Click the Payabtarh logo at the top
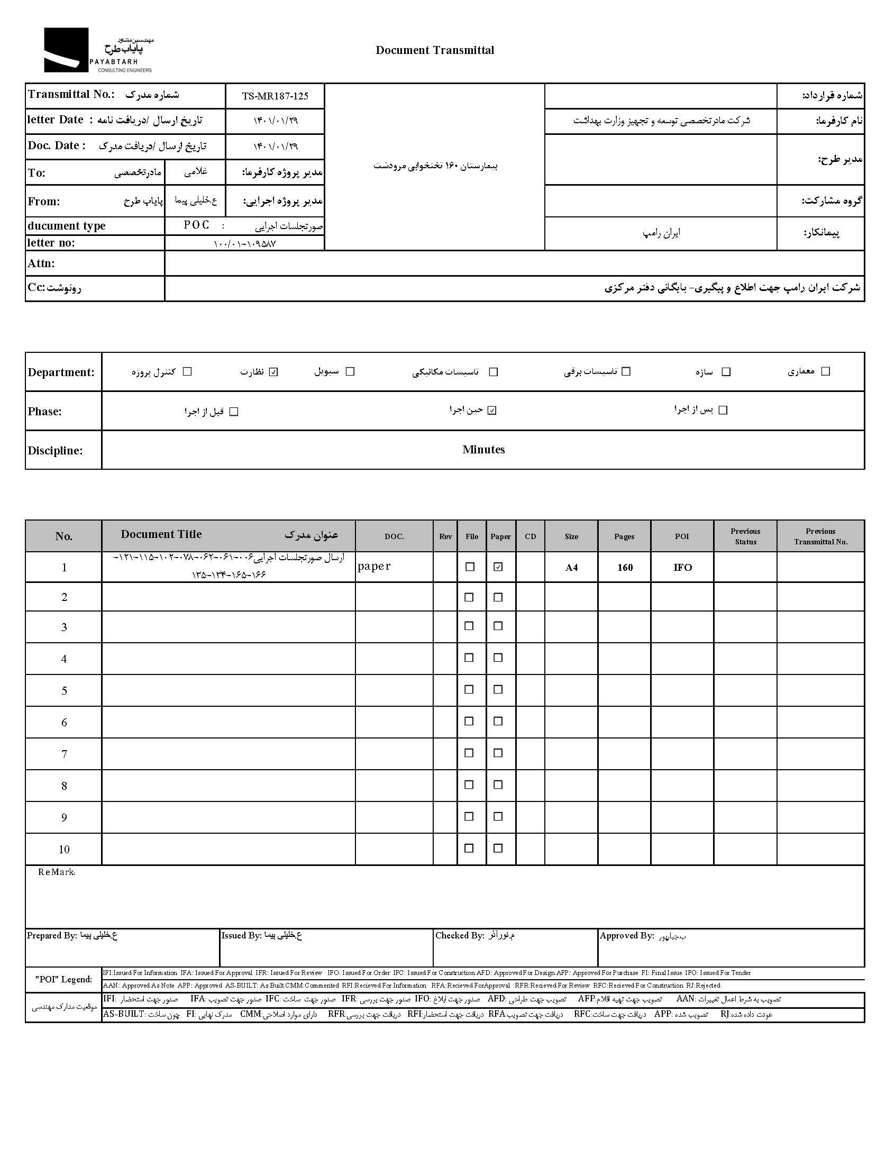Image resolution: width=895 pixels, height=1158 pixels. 98,50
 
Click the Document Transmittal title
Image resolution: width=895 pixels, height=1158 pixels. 435,50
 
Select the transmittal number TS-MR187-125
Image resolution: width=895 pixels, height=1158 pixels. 275,96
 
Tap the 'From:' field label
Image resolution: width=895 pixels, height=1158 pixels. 44,202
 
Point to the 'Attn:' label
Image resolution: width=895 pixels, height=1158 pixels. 41,263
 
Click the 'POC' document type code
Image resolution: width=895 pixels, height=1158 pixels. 196,225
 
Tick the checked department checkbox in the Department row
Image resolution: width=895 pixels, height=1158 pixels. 273,372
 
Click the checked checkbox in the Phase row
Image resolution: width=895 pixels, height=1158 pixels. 492,411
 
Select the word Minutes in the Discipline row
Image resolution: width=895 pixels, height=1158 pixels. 483,450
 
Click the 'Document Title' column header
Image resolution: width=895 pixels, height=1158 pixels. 161,534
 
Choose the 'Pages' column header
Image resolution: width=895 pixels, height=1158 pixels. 624,536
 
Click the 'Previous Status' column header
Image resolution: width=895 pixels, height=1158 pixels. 745,536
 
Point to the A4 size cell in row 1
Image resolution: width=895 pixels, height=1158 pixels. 571,568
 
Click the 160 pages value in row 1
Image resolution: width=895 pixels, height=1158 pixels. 625,568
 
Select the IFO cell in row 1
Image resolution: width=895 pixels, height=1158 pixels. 682,568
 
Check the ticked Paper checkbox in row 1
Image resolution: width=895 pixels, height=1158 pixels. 498,567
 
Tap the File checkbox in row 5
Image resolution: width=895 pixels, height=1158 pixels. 469,689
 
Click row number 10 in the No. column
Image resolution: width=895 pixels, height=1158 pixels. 64,850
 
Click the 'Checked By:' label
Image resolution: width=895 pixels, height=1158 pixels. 459,936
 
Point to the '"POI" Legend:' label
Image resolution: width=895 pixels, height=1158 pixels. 63,979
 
